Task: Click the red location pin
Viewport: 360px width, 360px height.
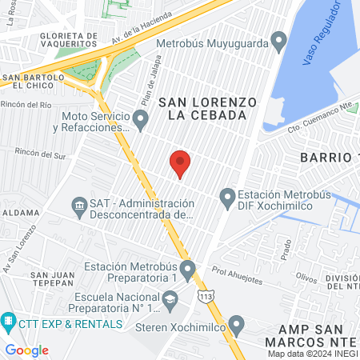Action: point(180,162)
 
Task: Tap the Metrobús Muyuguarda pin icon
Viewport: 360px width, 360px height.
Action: point(278,39)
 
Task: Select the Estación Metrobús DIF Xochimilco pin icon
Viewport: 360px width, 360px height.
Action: point(227,196)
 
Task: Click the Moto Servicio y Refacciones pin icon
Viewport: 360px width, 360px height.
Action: point(141,121)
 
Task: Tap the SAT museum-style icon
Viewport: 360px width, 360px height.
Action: point(80,208)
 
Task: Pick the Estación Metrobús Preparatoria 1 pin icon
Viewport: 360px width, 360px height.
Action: point(188,271)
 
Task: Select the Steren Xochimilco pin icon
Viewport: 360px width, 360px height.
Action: point(235,325)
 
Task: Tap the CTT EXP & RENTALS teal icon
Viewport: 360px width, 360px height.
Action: point(8,323)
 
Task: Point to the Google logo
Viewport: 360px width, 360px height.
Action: point(26,350)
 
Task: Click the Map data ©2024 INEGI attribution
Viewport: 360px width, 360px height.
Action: point(312,354)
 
